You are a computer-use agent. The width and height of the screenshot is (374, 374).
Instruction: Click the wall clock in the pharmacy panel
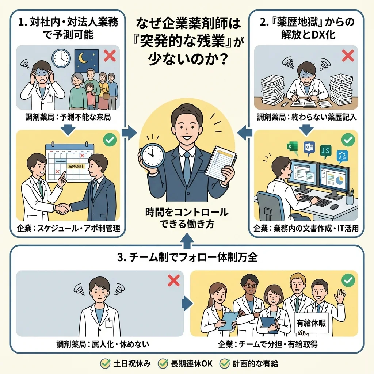[60, 57]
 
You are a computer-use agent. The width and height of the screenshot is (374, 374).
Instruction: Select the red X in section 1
[109, 56]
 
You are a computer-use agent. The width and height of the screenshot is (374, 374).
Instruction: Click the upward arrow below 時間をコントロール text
[187, 238]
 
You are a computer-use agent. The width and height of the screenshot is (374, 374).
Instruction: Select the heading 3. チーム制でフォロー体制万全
[187, 257]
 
